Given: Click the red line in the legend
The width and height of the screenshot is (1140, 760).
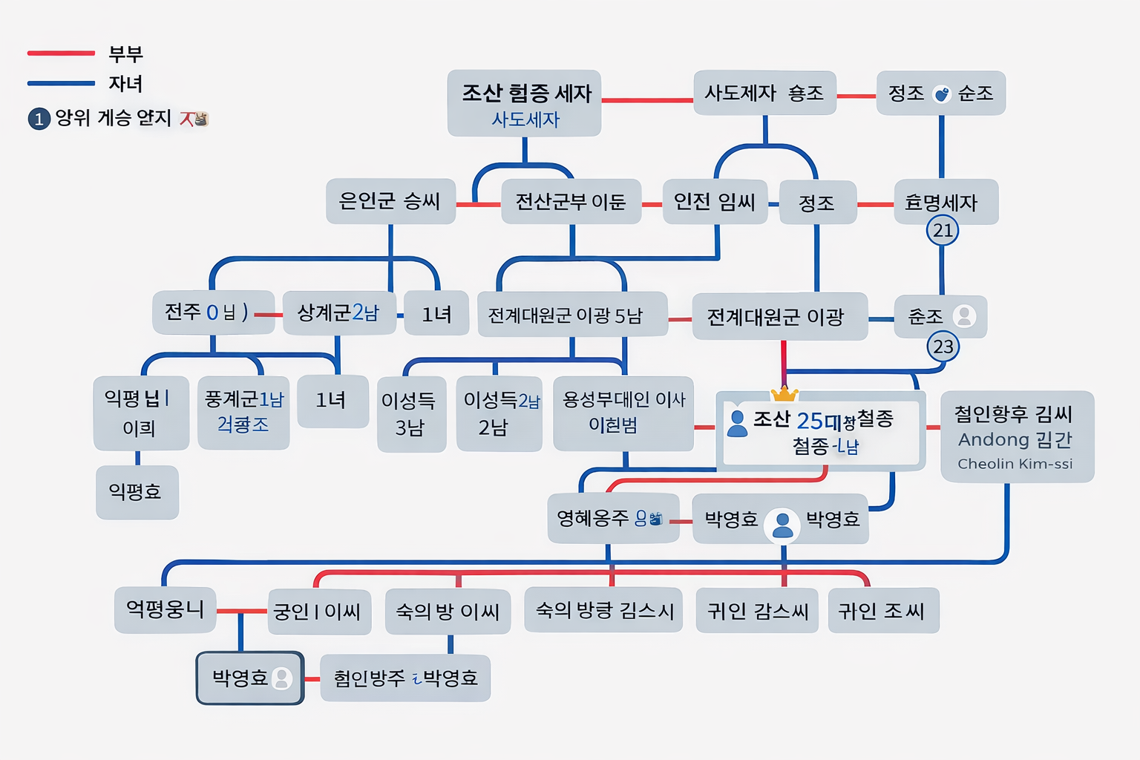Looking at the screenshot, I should coord(61,53).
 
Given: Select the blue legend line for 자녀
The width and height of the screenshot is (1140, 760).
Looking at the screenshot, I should coord(61,83).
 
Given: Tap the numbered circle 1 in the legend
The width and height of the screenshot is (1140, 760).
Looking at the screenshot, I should coord(39,119).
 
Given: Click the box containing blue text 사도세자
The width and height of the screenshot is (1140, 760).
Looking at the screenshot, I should coord(524,103).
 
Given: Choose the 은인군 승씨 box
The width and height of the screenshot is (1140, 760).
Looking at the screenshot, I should coord(390,201).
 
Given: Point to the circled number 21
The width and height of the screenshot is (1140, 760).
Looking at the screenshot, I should coord(943,230).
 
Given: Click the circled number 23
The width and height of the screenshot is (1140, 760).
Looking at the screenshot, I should coord(943,347).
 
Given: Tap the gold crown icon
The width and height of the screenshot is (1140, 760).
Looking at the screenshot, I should coord(784,393).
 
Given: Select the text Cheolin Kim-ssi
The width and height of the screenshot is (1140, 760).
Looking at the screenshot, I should coord(1015,464).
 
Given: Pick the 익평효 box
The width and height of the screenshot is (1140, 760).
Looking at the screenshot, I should coord(137,492).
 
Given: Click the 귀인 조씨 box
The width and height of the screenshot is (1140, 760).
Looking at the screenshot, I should coord(882,611).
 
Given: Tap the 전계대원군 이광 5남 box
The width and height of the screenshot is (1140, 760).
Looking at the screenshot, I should coord(571,315).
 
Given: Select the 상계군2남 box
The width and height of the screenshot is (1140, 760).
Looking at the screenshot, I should coord(338,312).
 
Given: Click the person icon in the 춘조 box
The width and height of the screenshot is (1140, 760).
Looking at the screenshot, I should coord(964,316).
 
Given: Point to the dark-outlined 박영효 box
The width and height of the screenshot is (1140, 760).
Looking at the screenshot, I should coord(250,678).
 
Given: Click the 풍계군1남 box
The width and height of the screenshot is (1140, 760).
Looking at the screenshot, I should coord(243,413).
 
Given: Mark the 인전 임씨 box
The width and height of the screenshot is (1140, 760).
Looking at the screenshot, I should coord(714,202).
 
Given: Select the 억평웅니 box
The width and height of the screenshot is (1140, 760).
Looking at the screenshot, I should coord(165,610).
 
